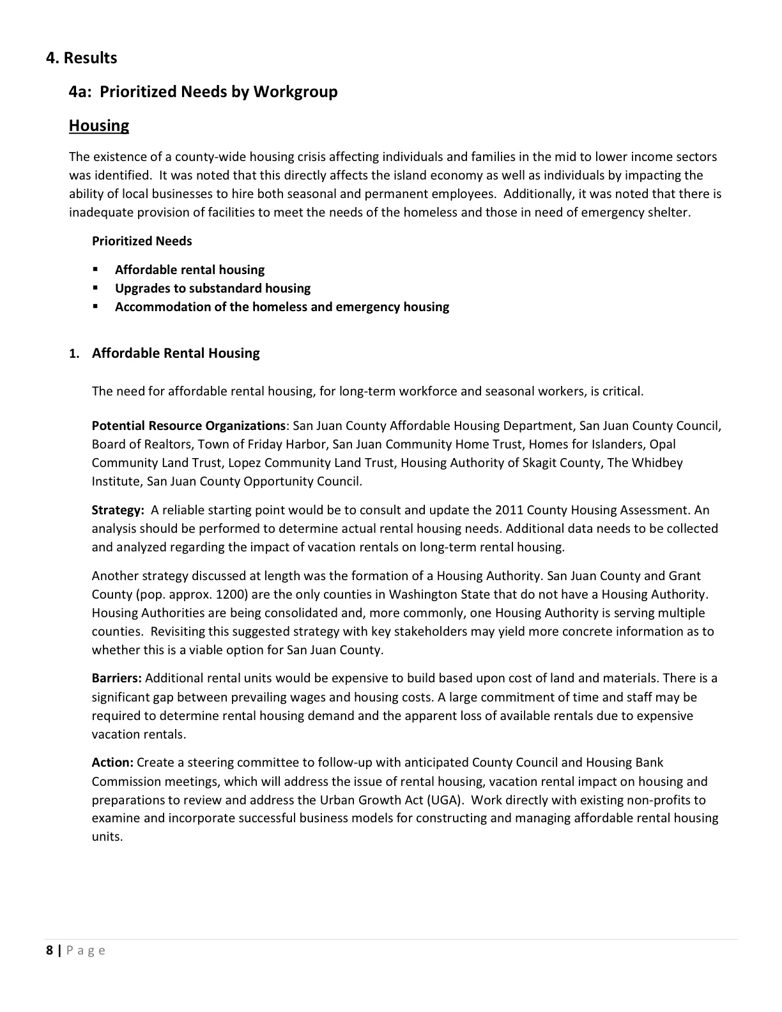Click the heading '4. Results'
(81, 58)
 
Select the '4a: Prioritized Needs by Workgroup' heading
(203, 92)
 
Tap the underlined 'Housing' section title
(99, 126)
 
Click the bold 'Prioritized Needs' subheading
(142, 241)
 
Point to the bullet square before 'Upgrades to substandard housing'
(96, 288)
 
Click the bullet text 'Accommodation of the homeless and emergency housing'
(282, 307)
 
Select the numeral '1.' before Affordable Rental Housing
(75, 355)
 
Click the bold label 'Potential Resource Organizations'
(188, 426)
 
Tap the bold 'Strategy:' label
(118, 510)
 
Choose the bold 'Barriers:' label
(117, 678)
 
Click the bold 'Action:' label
(112, 763)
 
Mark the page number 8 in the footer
(50, 951)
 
